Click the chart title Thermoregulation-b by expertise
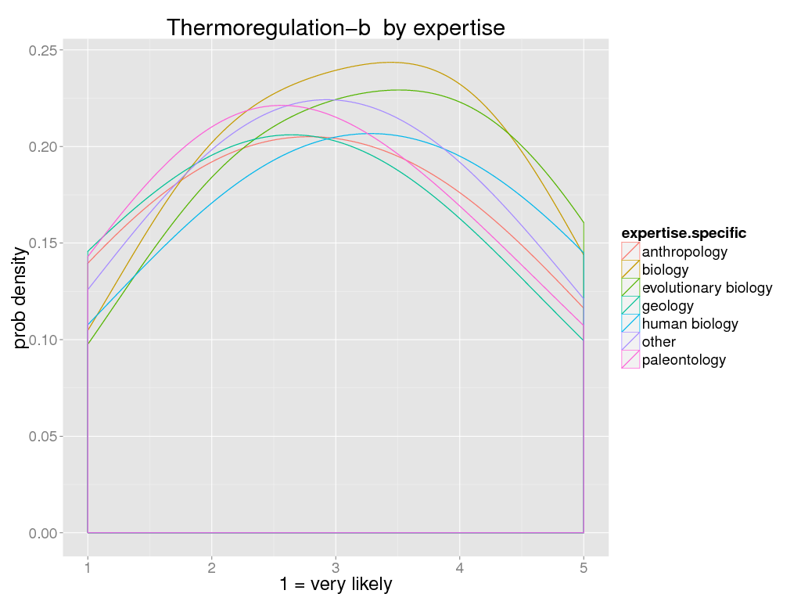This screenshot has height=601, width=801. pos(336,27)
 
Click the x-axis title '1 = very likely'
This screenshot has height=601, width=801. pos(336,585)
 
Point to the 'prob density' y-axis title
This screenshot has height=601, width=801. pos(20,291)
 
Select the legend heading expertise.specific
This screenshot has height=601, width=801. pos(683,233)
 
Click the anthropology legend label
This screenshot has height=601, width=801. pos(684,252)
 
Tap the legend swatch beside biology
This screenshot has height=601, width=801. pos(630,270)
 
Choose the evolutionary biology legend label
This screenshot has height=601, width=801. pos(707,288)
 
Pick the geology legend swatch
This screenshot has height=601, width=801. pos(630,306)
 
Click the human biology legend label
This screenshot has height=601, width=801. pos(690,324)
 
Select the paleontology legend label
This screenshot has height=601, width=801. pos(684,360)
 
